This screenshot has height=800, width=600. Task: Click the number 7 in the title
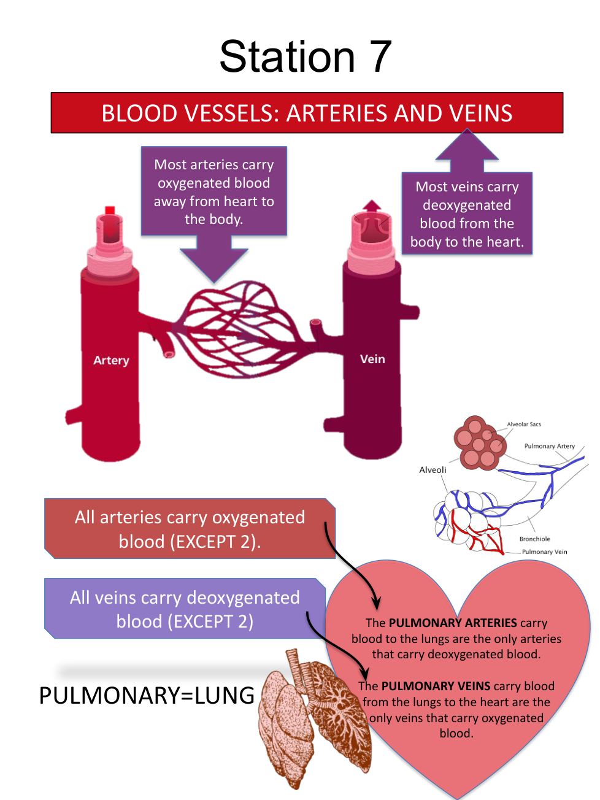[380, 56]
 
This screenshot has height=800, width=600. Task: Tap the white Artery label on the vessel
[111, 360]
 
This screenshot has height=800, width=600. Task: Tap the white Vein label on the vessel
[372, 359]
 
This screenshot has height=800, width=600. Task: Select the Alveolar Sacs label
[524, 424]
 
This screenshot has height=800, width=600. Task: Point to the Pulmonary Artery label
[549, 446]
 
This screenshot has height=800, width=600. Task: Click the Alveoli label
[433, 470]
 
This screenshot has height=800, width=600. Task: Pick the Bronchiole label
[534, 539]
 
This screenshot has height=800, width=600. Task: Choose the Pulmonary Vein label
[544, 552]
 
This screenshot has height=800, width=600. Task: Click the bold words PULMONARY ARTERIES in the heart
[453, 623]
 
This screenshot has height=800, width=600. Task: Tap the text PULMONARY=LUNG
[147, 696]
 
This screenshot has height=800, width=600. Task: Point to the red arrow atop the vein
[371, 206]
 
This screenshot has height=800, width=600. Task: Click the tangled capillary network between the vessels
[239, 328]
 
